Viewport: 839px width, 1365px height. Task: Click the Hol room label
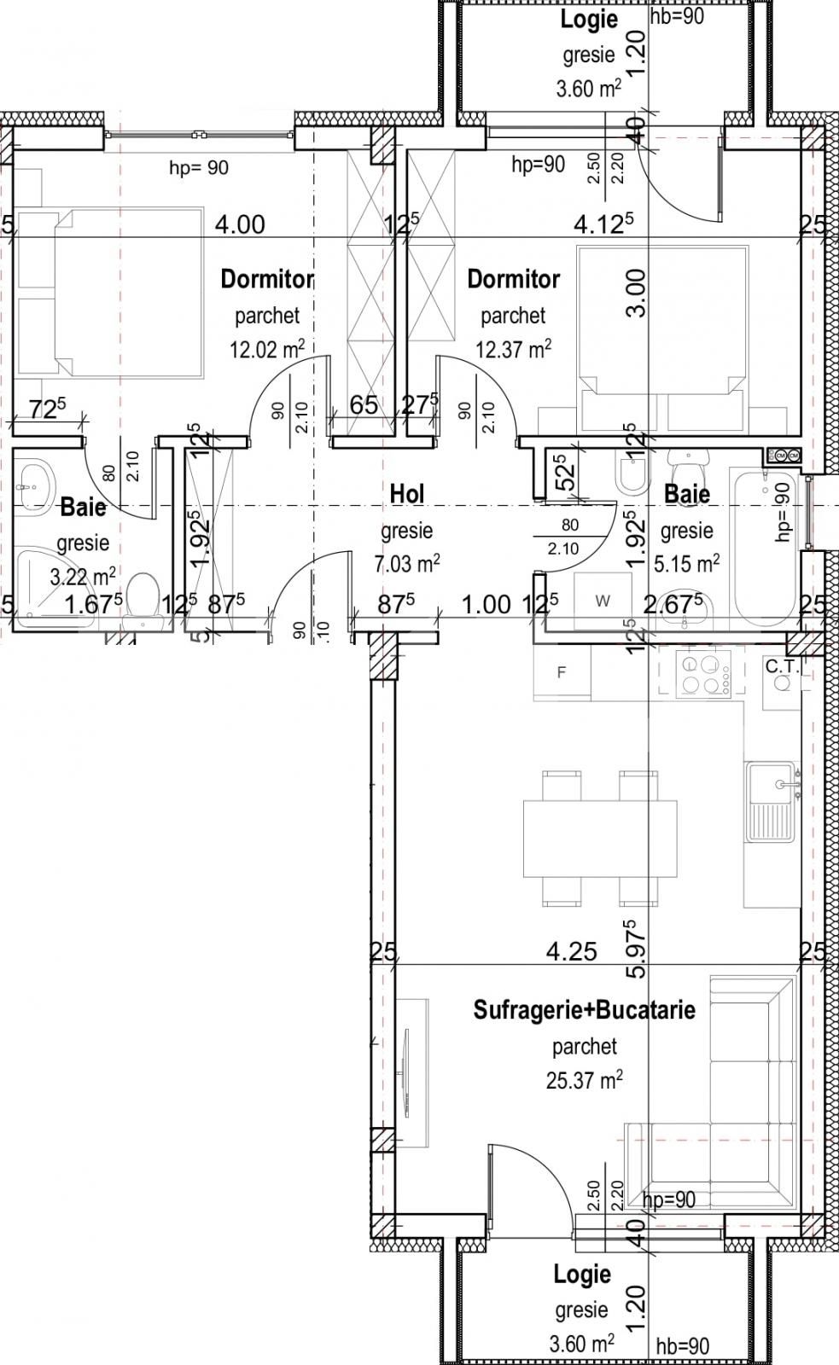click(406, 493)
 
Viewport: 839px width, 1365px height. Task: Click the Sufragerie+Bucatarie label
click(584, 1010)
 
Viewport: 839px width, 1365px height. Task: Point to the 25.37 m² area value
click(584, 1080)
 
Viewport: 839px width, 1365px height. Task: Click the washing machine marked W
click(603, 601)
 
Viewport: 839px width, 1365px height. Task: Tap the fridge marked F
click(561, 672)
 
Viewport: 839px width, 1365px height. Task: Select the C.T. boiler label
click(782, 667)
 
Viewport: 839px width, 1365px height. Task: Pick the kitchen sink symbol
click(772, 802)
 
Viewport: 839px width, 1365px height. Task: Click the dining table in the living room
click(599, 838)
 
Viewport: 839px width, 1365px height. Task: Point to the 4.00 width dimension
click(239, 225)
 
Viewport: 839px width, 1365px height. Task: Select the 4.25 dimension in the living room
click(571, 951)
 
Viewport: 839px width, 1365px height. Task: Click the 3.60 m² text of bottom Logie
click(582, 1345)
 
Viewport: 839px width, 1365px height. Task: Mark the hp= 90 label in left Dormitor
click(199, 168)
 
